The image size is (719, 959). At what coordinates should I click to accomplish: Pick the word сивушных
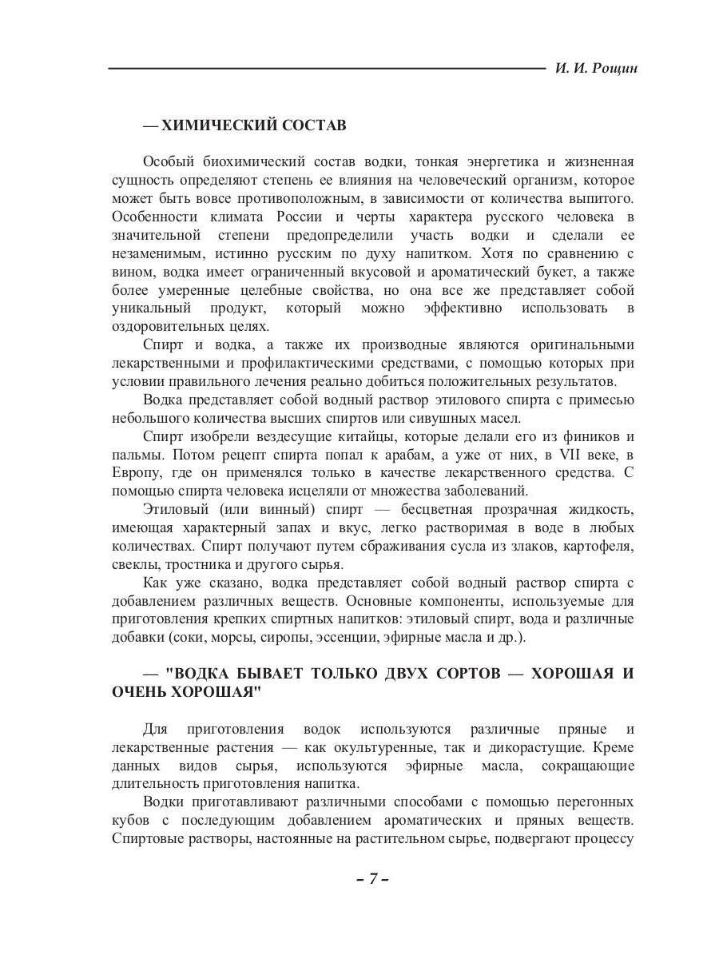coord(443,418)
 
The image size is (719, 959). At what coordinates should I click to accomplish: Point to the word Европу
coord(136,473)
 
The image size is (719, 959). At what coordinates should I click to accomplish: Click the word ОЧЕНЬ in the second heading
coord(137,691)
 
